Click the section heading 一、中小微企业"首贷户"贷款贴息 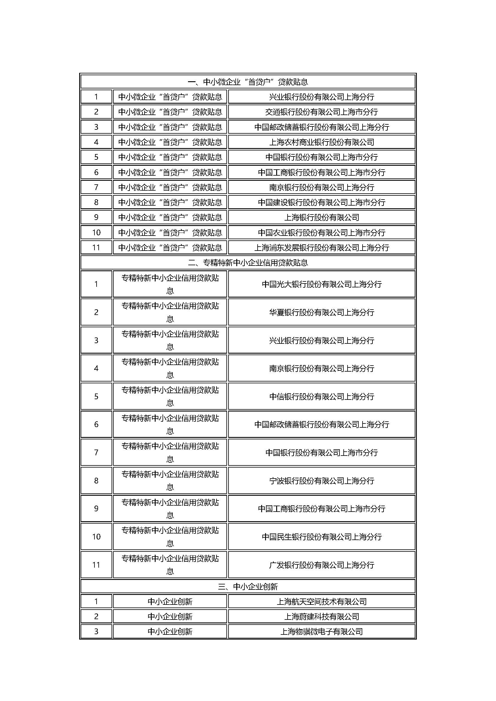click(x=248, y=82)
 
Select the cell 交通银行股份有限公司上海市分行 click(x=321, y=112)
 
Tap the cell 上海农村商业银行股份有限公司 click(x=321, y=142)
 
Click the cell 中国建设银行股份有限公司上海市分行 click(x=321, y=202)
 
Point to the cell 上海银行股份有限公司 click(x=321, y=217)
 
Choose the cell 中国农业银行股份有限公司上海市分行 click(x=321, y=233)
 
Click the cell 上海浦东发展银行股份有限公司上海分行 click(x=321, y=248)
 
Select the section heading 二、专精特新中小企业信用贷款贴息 click(x=248, y=263)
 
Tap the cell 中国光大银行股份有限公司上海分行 click(x=321, y=284)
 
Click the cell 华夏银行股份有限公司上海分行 click(x=321, y=312)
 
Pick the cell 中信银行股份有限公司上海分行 click(x=321, y=397)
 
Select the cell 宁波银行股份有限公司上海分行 click(x=321, y=481)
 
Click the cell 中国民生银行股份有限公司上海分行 click(x=321, y=537)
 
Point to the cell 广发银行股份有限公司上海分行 click(x=321, y=565)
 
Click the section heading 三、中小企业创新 click(x=248, y=587)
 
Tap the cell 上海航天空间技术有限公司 click(x=321, y=601)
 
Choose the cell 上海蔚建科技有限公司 click(x=321, y=616)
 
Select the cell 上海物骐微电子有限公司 click(x=321, y=631)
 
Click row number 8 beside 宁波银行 click(x=96, y=481)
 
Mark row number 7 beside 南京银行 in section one click(x=96, y=187)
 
